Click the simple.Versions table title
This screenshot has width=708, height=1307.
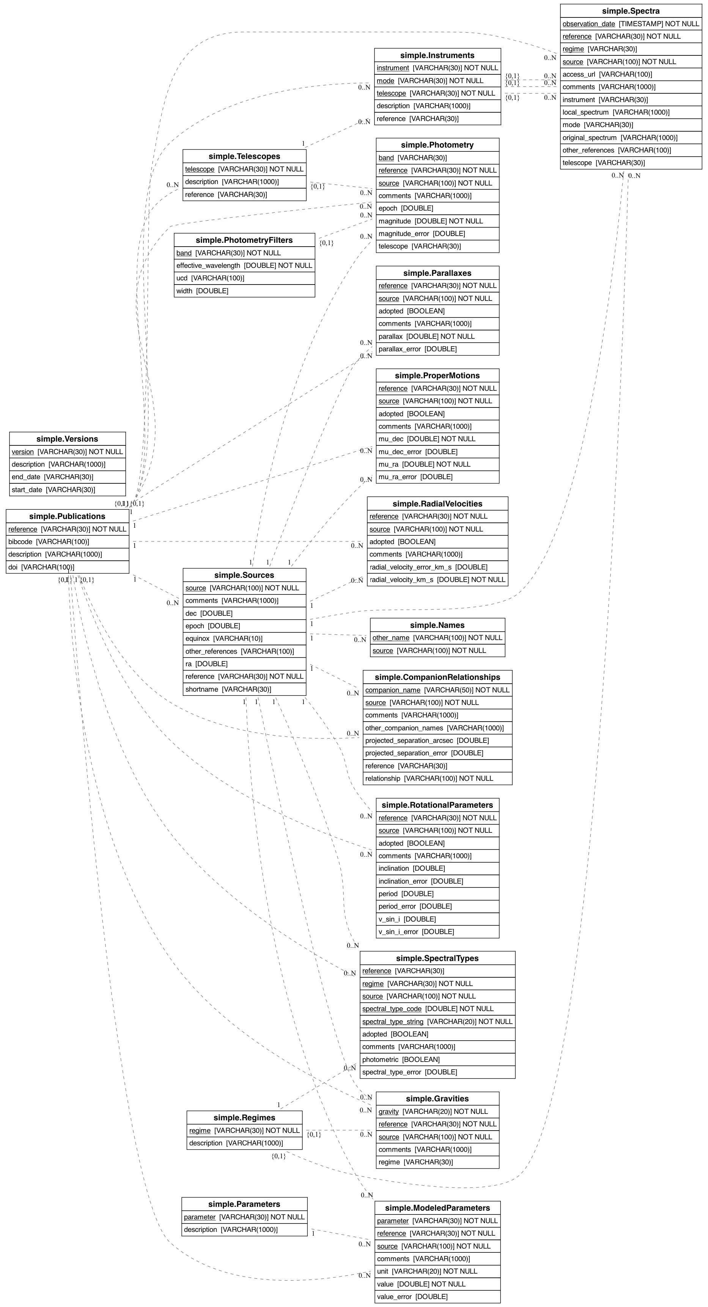[x=67, y=439]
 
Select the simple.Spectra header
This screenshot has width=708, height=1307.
[x=631, y=11]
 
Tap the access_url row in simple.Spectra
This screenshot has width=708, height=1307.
[x=631, y=74]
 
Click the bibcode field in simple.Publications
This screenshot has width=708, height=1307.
[x=68, y=542]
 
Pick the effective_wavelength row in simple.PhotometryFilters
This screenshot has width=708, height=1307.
[x=244, y=265]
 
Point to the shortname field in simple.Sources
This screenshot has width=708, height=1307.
[x=244, y=689]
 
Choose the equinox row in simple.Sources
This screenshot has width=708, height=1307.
[x=244, y=638]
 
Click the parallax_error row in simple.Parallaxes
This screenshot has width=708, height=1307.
[x=437, y=349]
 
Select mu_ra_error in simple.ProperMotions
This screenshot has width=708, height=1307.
[x=437, y=477]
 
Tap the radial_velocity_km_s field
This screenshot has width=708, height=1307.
[x=437, y=579]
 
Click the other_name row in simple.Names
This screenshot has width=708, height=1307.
[x=437, y=638]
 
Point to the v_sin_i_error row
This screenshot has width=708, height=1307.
[x=437, y=931]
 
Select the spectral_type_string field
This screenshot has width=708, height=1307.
[x=437, y=1021]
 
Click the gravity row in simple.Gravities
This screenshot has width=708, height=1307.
[x=437, y=1111]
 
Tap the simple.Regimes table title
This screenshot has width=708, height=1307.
[x=244, y=1118]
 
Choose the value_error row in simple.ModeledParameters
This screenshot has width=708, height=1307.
[x=437, y=1296]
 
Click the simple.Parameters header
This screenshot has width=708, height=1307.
[x=244, y=1204]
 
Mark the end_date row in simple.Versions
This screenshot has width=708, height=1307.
[x=67, y=477]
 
